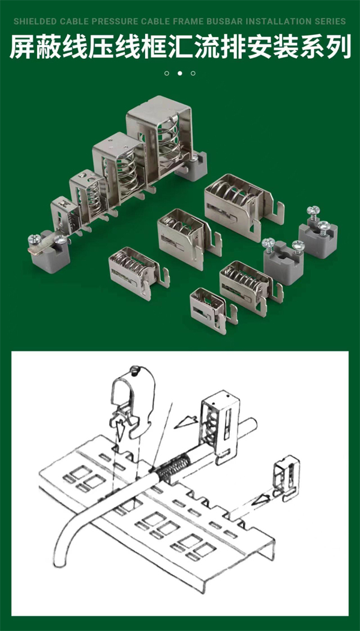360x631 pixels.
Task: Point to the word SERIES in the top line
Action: point(329,22)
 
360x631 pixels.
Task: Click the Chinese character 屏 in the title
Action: point(22,47)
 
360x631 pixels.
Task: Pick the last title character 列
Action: point(338,47)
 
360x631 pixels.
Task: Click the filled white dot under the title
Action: point(180,73)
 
